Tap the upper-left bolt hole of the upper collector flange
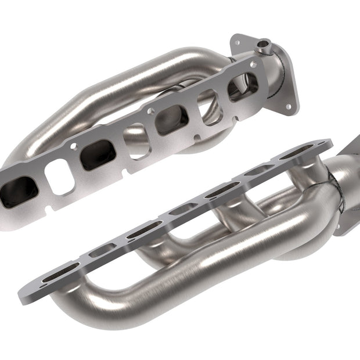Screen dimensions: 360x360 tap(237, 41)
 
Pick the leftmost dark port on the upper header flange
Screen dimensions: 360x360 tap(19, 190)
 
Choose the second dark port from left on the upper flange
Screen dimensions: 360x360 tap(96, 154)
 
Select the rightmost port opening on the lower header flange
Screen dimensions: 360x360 tap(296, 152)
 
